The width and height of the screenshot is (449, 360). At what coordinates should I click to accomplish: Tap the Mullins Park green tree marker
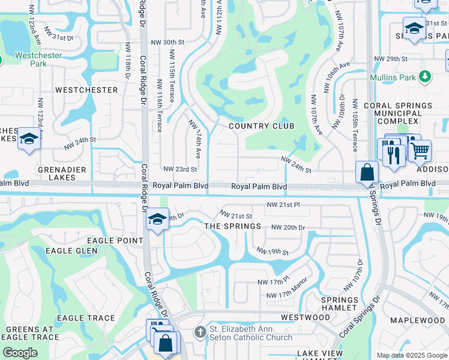click(x=425, y=77)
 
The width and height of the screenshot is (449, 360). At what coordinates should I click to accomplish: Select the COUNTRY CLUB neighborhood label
click(x=261, y=126)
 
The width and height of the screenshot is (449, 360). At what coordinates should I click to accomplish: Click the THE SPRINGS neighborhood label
click(x=232, y=226)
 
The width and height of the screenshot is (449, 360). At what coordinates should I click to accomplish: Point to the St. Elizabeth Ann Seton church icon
click(x=200, y=332)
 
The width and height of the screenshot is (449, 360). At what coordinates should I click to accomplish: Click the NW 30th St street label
click(x=167, y=43)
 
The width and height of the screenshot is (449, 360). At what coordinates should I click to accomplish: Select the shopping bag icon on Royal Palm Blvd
click(x=367, y=172)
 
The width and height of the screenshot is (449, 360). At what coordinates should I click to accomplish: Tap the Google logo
click(x=20, y=353)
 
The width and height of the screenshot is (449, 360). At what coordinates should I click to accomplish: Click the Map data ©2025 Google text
click(x=411, y=355)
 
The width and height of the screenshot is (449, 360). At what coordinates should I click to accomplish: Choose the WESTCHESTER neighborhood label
click(x=86, y=90)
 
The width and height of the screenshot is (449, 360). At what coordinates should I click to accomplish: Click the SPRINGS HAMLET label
click(x=340, y=304)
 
